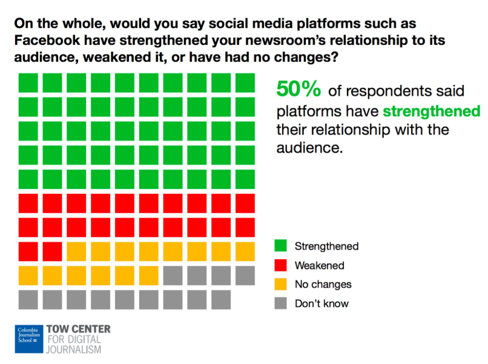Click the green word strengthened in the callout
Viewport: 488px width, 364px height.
point(431,112)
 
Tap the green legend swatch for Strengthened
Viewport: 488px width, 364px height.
point(280,246)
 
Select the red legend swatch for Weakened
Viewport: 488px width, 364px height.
point(280,265)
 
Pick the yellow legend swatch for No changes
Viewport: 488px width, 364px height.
point(280,284)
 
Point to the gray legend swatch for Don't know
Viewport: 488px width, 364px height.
point(280,303)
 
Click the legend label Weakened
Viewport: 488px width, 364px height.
point(319,265)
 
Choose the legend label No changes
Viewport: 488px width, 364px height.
point(323,284)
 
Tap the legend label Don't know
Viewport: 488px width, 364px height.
point(321,303)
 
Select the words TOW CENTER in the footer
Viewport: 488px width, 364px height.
point(79,329)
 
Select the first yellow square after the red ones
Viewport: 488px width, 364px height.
point(76,251)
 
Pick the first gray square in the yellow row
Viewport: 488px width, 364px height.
point(173,275)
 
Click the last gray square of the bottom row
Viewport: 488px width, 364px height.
point(220,299)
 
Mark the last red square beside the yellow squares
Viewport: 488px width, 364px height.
point(53,251)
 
